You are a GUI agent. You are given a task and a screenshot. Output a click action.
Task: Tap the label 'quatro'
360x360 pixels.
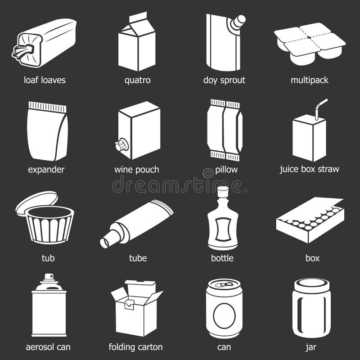pyautogui.click(x=137, y=81)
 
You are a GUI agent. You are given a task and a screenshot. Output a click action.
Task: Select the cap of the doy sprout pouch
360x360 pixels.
pyautogui.click(x=239, y=20)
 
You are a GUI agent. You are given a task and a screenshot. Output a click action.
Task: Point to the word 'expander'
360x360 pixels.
pyautogui.click(x=46, y=170)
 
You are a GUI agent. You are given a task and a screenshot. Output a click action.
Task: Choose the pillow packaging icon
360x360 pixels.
pyautogui.click(x=225, y=130)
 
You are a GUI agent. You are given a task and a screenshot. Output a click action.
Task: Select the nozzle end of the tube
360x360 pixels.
pyautogui.click(x=106, y=242)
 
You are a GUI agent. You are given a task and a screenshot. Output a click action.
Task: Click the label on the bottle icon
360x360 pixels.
pyautogui.click(x=224, y=229)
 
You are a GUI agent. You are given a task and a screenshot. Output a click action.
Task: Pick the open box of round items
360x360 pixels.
pyautogui.click(x=310, y=220)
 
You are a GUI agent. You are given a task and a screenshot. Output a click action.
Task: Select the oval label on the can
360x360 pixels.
pyautogui.click(x=224, y=313)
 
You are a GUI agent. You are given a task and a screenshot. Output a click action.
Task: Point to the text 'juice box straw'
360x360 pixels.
pyautogui.click(x=309, y=170)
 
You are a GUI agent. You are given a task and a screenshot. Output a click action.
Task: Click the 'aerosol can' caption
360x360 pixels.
pyautogui.click(x=48, y=347)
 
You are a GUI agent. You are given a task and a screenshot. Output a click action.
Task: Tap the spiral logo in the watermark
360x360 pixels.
pyautogui.click(x=208, y=173)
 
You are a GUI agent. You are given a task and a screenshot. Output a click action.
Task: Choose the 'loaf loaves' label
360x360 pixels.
pyautogui.click(x=45, y=81)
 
